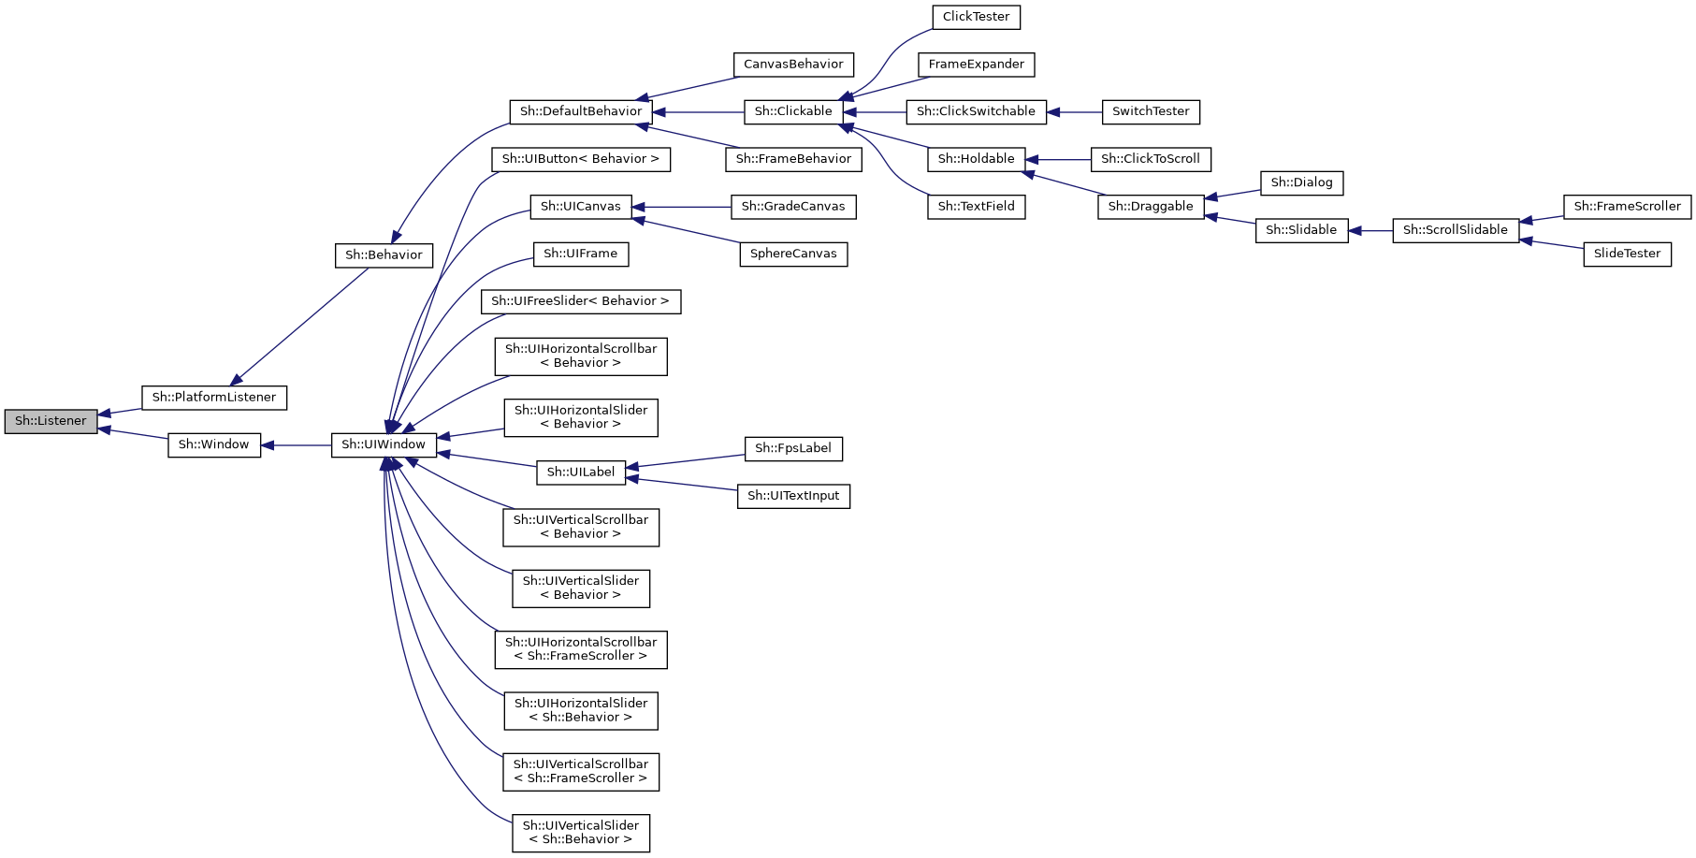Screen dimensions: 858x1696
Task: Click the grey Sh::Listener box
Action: click(x=51, y=421)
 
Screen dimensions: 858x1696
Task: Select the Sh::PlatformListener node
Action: click(x=214, y=398)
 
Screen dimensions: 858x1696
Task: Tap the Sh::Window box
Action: click(x=214, y=445)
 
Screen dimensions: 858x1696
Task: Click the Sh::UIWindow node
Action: click(x=384, y=445)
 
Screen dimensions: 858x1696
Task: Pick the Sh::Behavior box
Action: click(x=384, y=255)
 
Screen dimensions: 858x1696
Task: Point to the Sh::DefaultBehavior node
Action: click(x=581, y=111)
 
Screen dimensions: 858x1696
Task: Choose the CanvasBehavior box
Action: click(x=793, y=65)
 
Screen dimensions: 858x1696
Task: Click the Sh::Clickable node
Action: click(x=793, y=111)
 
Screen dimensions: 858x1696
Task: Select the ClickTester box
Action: click(x=976, y=17)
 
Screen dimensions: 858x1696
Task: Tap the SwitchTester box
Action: click(x=1151, y=111)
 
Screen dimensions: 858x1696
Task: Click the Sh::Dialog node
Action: click(x=1301, y=182)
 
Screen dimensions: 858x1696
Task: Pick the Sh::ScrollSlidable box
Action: click(x=1455, y=230)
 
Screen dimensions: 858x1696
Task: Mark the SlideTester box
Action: click(x=1627, y=254)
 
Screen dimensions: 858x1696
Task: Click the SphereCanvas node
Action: click(x=793, y=254)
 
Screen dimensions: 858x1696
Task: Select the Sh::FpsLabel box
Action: click(x=793, y=449)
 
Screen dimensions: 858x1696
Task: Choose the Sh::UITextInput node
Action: click(x=793, y=496)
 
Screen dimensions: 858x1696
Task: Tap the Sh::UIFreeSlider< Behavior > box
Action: click(x=581, y=301)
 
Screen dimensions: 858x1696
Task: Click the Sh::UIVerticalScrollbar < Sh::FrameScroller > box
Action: click(x=581, y=772)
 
